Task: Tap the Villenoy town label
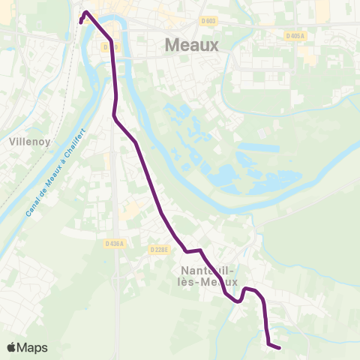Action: point(28,140)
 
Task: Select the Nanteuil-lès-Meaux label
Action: point(210,277)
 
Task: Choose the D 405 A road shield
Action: point(298,35)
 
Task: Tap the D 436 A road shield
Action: point(115,244)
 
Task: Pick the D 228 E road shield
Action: point(158,250)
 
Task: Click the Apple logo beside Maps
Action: point(11,347)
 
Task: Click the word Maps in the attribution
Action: point(32,347)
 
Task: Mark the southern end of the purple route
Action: point(279,347)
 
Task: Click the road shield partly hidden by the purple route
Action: point(109,46)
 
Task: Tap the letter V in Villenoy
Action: point(11,140)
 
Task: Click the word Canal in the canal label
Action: point(32,208)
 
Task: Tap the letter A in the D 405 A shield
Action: point(307,35)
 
